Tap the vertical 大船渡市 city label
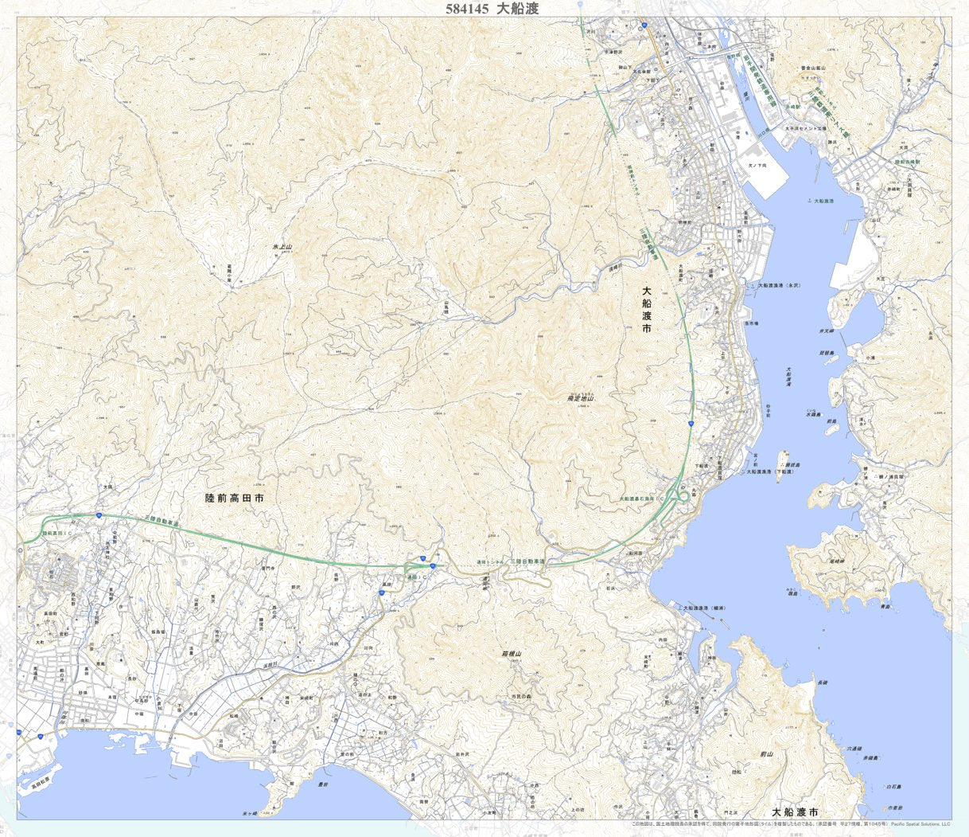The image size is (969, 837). (647, 310)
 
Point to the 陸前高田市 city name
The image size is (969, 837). (234, 498)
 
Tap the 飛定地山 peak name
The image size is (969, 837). (581, 397)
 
